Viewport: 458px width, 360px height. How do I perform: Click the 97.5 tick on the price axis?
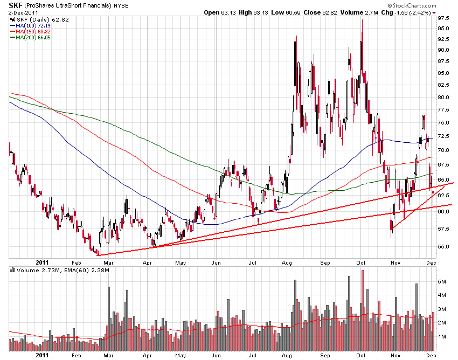tap(444, 18)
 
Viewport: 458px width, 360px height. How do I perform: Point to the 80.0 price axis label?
tap(444, 98)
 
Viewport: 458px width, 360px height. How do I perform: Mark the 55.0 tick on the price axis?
tap(444, 247)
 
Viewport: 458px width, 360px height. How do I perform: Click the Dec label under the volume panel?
tap(432, 356)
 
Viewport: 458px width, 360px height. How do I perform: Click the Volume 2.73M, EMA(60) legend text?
tap(59, 269)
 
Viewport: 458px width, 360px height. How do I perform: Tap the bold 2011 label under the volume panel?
tap(43, 356)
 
